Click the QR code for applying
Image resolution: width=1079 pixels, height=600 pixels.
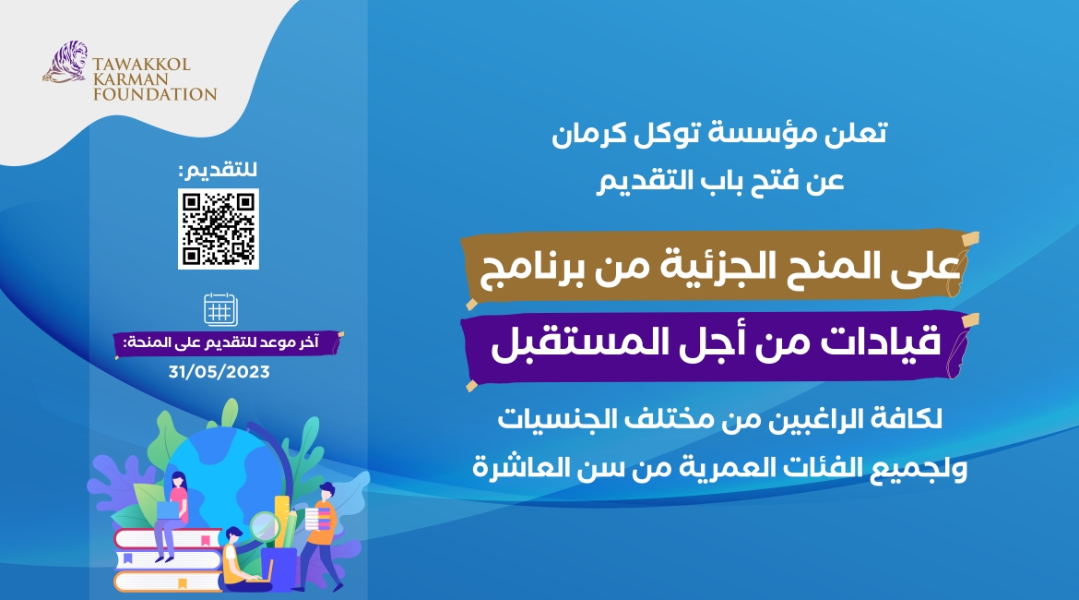(219, 228)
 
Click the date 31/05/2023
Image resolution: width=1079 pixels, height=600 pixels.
(219, 372)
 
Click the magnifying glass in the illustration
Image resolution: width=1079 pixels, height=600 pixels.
(266, 527)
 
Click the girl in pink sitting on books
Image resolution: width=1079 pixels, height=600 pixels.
(172, 512)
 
